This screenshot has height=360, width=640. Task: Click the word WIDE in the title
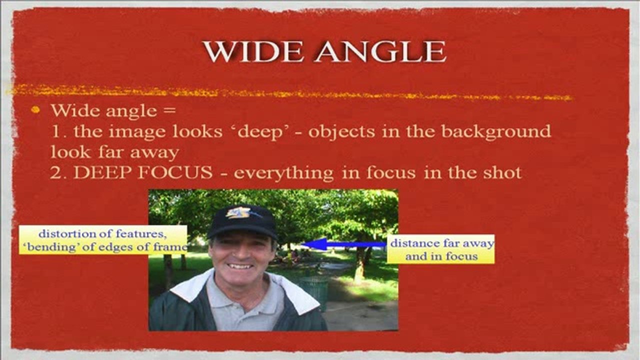[x=253, y=51]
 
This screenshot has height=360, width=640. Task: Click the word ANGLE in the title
[x=380, y=51]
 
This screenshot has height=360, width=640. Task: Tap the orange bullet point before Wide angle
[x=35, y=110]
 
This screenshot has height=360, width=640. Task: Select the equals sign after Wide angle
[x=169, y=110]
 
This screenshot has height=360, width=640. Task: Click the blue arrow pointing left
[x=343, y=244]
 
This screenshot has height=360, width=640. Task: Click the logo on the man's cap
[x=239, y=212]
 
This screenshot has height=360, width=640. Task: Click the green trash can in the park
[x=314, y=293]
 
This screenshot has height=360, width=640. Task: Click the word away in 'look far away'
[x=154, y=153]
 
